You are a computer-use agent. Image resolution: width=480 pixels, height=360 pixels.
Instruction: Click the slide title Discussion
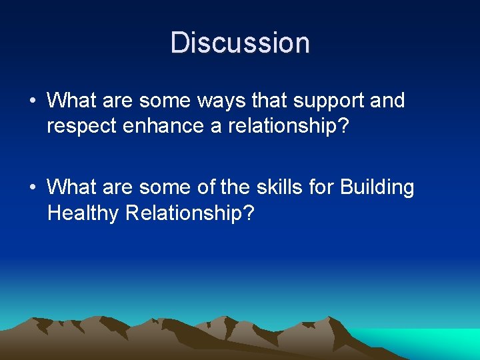(x=240, y=43)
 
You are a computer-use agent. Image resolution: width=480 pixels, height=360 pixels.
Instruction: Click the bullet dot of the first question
(x=33, y=101)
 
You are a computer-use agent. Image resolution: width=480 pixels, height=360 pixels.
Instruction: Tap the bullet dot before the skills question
(x=33, y=188)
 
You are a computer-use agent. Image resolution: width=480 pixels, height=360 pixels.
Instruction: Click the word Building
(x=377, y=187)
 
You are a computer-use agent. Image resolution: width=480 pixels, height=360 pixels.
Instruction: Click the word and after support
(x=388, y=101)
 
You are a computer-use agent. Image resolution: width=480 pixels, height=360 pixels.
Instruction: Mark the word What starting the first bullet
(x=71, y=101)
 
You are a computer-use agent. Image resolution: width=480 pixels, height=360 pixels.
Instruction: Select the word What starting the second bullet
(x=71, y=187)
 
